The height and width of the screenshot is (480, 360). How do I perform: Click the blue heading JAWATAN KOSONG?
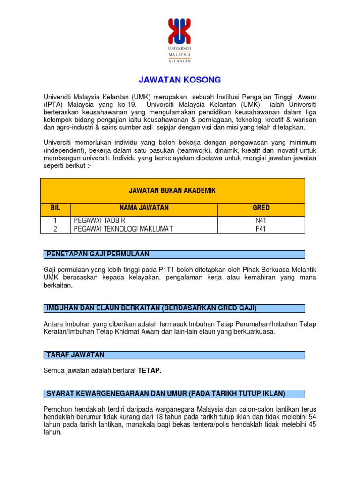click(180, 80)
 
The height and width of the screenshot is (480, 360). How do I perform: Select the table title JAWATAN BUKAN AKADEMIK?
click(172, 190)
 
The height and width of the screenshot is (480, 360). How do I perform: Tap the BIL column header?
click(55, 208)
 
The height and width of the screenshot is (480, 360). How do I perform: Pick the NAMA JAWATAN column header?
click(144, 208)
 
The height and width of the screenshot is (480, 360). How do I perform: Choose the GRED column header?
click(261, 208)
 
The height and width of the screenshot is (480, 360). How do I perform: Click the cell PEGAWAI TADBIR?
click(99, 220)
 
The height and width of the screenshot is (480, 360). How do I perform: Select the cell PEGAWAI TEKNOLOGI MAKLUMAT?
click(123, 229)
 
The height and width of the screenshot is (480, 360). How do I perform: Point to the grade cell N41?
click(261, 220)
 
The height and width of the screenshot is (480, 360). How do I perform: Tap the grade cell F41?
click(261, 229)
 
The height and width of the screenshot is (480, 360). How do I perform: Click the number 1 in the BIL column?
click(55, 220)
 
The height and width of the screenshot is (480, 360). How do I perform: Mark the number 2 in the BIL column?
click(55, 229)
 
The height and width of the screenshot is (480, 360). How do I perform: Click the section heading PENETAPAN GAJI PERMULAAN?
click(97, 254)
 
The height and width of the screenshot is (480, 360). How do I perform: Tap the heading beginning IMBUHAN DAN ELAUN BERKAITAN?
click(151, 308)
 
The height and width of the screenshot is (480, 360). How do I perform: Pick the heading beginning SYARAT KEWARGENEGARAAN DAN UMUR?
click(165, 393)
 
